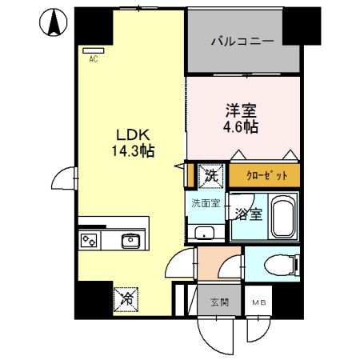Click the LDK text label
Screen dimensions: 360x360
click(x=133, y=134)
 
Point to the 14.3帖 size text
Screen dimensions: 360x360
click(x=133, y=150)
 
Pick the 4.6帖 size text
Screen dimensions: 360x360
click(x=242, y=127)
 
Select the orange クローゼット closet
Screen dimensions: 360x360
click(x=266, y=174)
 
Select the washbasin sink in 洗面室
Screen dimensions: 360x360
click(x=205, y=233)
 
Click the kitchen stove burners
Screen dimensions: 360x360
click(x=90, y=239)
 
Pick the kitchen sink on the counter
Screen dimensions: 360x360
click(x=130, y=239)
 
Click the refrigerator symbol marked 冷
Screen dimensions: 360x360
click(x=126, y=298)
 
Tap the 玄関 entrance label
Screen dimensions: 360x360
click(x=219, y=302)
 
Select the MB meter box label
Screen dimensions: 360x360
click(x=259, y=302)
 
